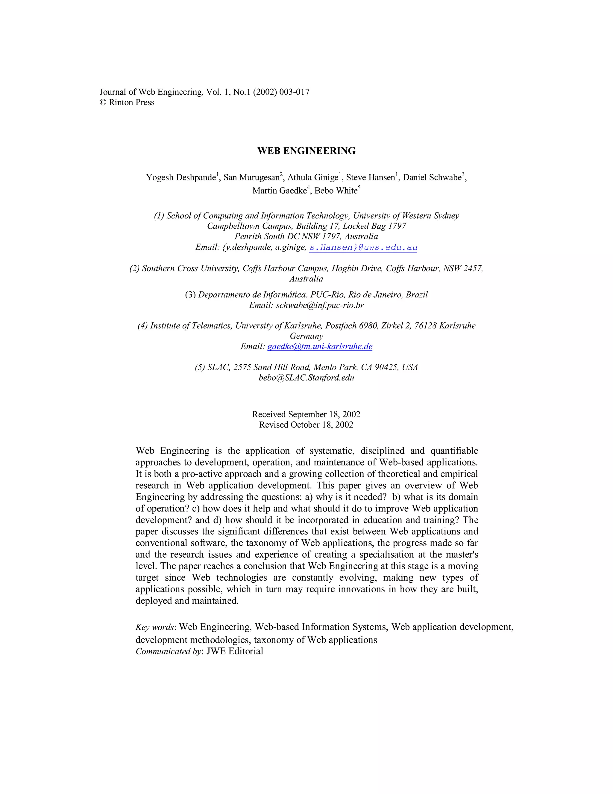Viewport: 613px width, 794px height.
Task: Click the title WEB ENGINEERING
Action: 306,151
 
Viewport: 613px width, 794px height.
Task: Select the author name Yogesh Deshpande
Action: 181,177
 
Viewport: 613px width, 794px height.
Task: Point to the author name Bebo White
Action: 336,191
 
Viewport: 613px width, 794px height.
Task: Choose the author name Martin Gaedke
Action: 279,191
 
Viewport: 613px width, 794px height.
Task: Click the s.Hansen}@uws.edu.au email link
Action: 363,247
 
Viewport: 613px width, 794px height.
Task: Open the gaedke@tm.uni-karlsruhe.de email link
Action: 320,346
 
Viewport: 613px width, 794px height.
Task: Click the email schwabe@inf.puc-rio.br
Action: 320,305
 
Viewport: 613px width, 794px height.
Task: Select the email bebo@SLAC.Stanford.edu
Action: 306,378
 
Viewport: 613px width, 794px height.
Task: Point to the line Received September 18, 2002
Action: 306,414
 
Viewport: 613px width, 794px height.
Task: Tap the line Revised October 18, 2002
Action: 306,425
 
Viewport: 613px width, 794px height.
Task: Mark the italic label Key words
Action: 155,627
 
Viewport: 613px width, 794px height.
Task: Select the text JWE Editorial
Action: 235,651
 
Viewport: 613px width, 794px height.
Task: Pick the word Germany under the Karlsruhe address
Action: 306,336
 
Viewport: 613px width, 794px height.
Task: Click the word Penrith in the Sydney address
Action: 247,237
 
